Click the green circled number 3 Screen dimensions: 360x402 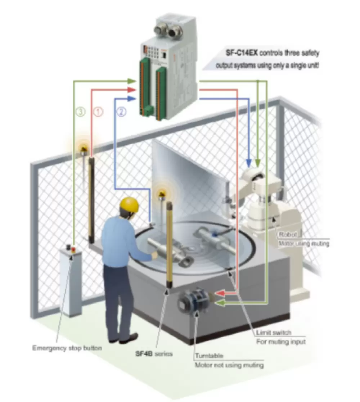(x=81, y=112)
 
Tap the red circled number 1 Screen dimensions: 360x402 (x=98, y=112)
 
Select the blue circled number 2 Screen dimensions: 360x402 (x=121, y=112)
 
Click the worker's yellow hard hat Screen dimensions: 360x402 (x=130, y=204)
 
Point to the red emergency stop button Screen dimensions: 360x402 (x=73, y=249)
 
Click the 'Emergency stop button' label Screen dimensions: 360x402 (x=67, y=348)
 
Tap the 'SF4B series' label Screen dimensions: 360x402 (x=154, y=354)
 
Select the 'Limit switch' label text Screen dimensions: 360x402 (x=274, y=333)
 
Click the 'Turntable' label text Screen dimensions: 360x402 (x=209, y=356)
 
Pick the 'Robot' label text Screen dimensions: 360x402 (x=288, y=234)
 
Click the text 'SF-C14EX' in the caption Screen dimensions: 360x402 (x=242, y=53)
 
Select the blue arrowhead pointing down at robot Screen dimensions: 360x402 (x=248, y=162)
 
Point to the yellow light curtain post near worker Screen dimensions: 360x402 (x=170, y=245)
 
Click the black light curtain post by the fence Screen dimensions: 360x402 (x=91, y=200)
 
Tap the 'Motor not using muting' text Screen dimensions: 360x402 (x=229, y=365)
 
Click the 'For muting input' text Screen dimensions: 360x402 (x=281, y=342)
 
